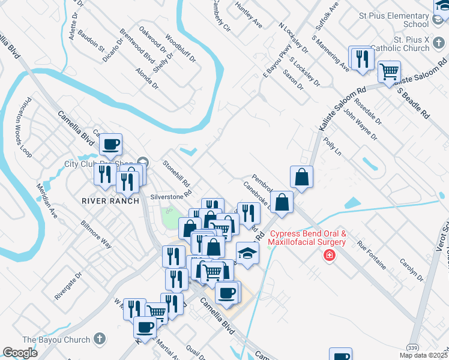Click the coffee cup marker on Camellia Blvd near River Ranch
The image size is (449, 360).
pos(111,145)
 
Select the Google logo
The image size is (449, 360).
pos(20,353)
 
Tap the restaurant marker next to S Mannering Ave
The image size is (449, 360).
pos(361,59)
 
